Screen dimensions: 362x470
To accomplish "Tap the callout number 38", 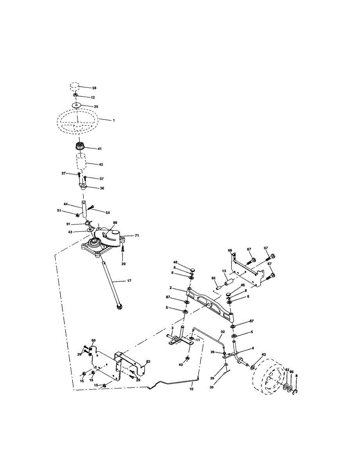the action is (x=94, y=88).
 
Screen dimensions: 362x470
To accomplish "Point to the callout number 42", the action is (x=101, y=164).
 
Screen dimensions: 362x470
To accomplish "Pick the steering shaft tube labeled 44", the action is (x=84, y=210).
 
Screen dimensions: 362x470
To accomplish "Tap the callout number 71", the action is (x=137, y=235).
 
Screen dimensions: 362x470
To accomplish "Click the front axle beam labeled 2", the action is (x=211, y=304).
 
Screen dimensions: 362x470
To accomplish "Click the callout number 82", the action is (x=148, y=362).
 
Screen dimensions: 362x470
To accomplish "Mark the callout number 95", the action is (x=292, y=372).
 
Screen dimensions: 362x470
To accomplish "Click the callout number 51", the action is (x=59, y=210).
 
